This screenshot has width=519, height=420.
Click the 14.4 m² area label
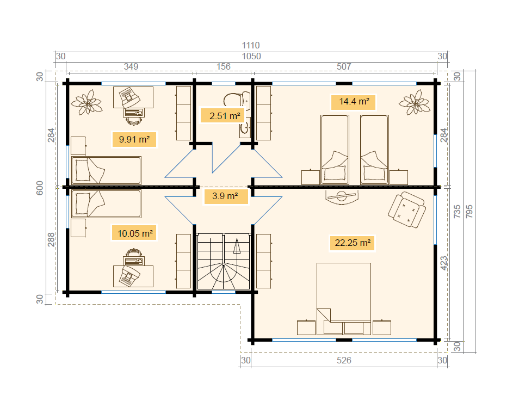point(354,102)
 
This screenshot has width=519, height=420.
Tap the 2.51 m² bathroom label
point(225,116)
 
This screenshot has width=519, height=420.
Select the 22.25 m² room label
point(352,243)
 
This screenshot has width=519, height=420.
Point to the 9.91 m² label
point(134,139)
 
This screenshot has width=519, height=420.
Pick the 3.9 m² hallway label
point(225,196)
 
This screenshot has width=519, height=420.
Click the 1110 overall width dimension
point(251,45)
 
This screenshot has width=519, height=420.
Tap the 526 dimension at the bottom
point(344,360)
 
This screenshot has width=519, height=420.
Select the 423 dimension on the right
point(444,263)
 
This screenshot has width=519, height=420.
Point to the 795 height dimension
point(469,212)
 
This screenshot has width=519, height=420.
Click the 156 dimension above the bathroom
point(224,66)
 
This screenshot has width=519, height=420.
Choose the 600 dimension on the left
point(40,188)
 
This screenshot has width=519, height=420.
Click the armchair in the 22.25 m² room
point(407,209)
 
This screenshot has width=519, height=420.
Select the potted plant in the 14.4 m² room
point(415,102)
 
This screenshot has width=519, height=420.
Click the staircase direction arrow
point(237,246)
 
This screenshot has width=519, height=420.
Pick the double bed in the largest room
point(344,299)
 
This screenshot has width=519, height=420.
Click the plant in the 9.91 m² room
point(86,102)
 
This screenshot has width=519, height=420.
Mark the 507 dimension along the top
point(344,66)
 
